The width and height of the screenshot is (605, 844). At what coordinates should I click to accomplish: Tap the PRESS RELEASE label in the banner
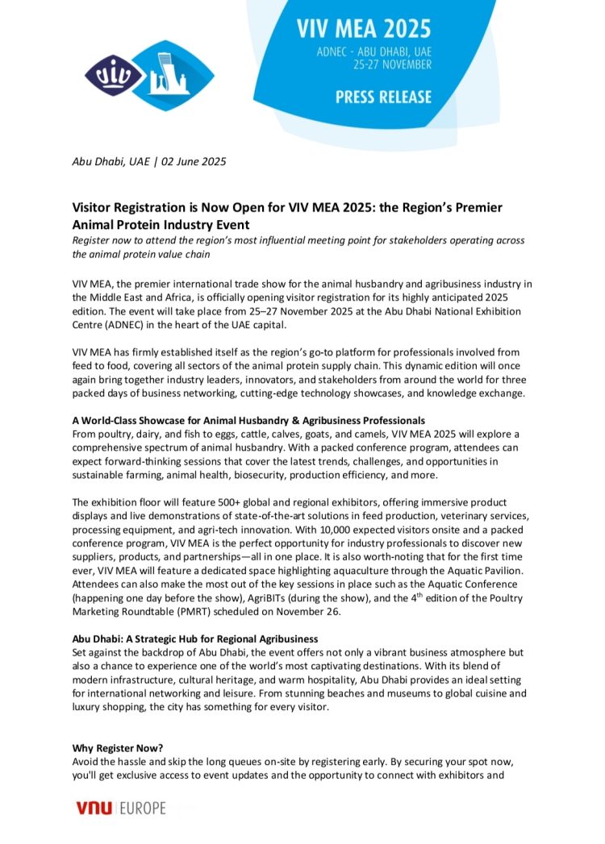(383, 98)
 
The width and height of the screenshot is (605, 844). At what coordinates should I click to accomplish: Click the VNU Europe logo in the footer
(120, 807)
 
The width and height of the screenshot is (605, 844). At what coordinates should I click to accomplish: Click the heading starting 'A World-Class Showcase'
(248, 421)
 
